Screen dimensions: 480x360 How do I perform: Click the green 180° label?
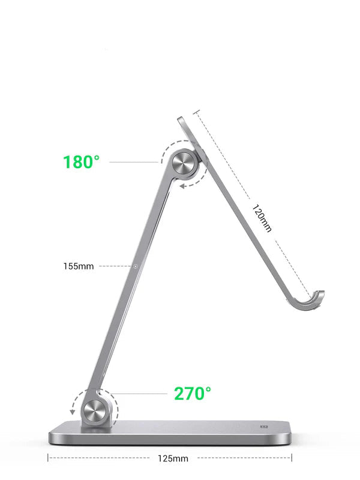pos(82,162)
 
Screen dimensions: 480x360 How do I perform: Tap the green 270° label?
pos(193,394)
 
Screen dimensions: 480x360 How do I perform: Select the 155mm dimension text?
pos(79,266)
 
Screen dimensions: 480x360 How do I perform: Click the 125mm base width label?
pos(172,458)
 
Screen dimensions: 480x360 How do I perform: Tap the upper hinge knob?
pos(184,164)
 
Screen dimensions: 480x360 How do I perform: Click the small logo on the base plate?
pos(263,427)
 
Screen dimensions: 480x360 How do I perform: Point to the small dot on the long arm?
pos(136,266)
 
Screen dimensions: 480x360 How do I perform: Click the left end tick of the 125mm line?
pos(48,458)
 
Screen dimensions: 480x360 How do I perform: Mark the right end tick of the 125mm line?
pos(292,458)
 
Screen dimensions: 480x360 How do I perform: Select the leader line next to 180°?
pos(135,162)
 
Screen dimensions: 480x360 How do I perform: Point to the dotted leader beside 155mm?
pos(115,266)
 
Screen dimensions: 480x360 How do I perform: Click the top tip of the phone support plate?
pos(182,119)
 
